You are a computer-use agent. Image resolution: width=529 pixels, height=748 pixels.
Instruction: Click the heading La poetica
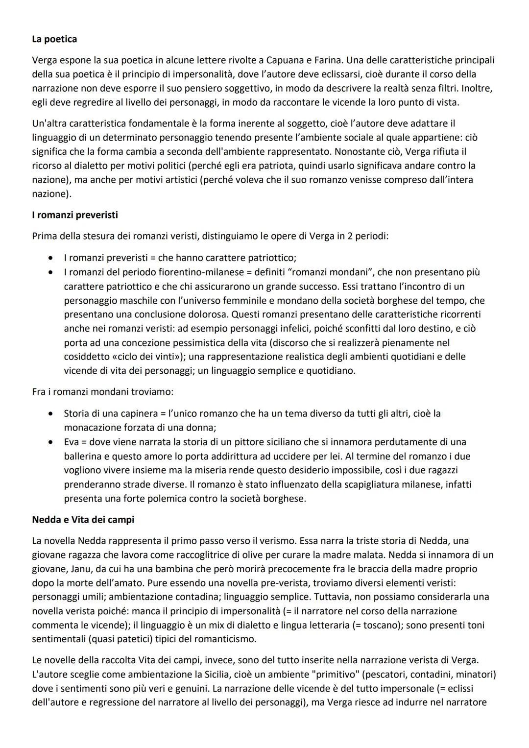pos(54,39)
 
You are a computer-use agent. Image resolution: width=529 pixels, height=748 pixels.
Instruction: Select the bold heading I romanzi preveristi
pos(75,215)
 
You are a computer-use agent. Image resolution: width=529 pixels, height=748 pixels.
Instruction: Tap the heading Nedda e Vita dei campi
pos(83,519)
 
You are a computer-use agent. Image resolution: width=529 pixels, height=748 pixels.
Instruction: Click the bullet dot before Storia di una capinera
pos(50,413)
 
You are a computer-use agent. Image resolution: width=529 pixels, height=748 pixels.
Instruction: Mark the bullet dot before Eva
pos(50,442)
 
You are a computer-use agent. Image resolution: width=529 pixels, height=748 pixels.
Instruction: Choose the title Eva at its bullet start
pos(72,442)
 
